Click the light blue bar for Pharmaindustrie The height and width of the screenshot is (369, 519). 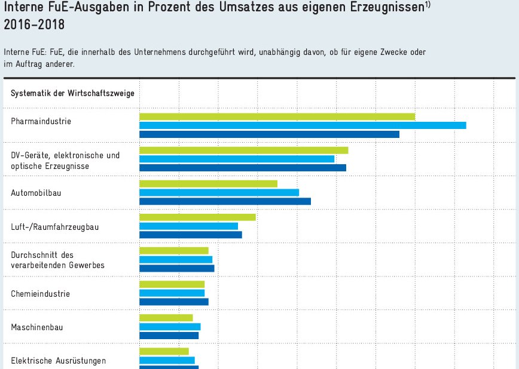pyautogui.click(x=303, y=125)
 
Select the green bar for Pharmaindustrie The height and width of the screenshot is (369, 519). pyautogui.click(x=277, y=116)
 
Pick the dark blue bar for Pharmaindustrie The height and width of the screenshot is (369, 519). pyautogui.click(x=269, y=134)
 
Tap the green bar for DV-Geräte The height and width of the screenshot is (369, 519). pyautogui.click(x=243, y=150)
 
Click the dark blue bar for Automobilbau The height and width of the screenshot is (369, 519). pyautogui.click(x=225, y=201)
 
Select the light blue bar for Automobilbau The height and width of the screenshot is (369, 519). pyautogui.click(x=219, y=192)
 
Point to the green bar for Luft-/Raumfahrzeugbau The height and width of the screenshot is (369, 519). pyautogui.click(x=197, y=217)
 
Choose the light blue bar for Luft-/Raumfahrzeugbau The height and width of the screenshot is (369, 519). pyautogui.click(x=188, y=226)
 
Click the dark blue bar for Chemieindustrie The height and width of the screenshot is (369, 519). pyautogui.click(x=173, y=302)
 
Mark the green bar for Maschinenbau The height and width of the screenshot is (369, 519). pyautogui.click(x=166, y=318)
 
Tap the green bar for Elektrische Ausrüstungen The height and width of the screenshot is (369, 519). pyautogui.click(x=164, y=351)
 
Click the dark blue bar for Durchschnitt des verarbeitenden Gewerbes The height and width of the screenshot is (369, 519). pyautogui.click(x=176, y=269)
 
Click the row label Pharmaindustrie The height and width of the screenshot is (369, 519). pyautogui.click(x=41, y=122)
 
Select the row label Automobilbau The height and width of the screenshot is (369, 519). pyautogui.click(x=36, y=193)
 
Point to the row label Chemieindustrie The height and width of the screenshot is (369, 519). pyautogui.click(x=41, y=294)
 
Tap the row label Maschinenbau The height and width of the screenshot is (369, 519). pyautogui.click(x=37, y=327)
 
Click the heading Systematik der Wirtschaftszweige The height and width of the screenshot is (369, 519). pyautogui.click(x=72, y=93)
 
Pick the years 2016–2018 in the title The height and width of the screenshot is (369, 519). pyautogui.click(x=35, y=26)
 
